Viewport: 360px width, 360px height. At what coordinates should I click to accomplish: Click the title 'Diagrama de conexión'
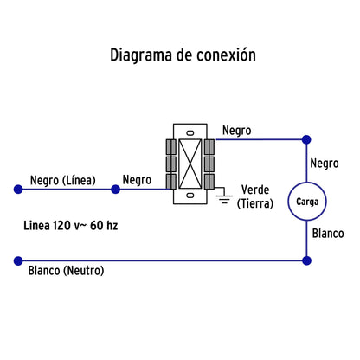pos(183,55)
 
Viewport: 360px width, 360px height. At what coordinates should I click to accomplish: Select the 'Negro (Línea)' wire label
pos(61,180)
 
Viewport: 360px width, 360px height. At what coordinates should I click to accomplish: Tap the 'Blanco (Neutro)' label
pos(66,271)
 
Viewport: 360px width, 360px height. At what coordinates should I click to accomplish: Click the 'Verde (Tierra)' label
pos(257,197)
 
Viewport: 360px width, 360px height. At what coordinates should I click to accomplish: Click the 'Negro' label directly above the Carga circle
pos(323,163)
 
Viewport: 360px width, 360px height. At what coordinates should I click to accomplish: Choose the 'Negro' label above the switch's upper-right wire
pos(237,131)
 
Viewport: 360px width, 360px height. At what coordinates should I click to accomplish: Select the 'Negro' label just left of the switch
pos(137,180)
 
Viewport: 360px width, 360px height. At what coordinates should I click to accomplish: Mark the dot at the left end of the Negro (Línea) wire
pos(16,189)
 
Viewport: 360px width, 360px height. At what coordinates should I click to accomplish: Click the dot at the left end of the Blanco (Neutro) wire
pos(16,260)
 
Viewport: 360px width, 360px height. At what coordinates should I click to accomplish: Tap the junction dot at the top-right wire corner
pos(305,139)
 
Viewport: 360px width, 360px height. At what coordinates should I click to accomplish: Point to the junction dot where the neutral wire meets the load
pos(305,260)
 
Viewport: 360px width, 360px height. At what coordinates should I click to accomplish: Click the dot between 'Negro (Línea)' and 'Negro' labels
pos(115,189)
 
